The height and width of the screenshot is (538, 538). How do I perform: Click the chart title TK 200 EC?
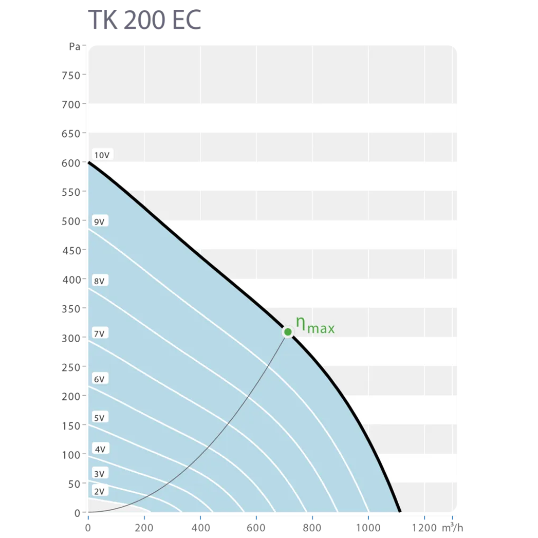click(x=144, y=20)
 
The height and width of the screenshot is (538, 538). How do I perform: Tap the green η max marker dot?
click(x=288, y=332)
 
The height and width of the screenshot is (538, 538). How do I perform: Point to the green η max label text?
click(x=315, y=325)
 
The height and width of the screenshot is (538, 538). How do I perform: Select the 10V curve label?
click(x=102, y=155)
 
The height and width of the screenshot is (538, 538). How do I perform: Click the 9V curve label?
click(x=99, y=222)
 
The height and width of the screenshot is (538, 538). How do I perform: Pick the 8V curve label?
click(x=99, y=281)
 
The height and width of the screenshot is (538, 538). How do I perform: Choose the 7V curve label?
click(x=99, y=334)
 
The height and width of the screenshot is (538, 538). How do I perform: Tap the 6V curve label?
click(x=99, y=379)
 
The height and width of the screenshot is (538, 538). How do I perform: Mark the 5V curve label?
click(x=99, y=418)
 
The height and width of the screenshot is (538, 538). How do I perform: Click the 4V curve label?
click(x=100, y=449)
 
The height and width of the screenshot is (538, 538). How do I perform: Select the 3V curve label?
click(x=99, y=473)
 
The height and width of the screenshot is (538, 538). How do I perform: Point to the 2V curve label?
click(x=99, y=491)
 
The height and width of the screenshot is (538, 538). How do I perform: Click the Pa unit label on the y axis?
click(x=75, y=47)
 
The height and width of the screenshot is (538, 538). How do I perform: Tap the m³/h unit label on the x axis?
click(x=452, y=527)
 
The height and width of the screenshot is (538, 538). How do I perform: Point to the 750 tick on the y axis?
click(x=71, y=76)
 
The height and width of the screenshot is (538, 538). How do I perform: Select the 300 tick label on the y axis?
click(x=71, y=338)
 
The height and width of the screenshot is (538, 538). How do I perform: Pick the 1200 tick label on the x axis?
click(x=424, y=527)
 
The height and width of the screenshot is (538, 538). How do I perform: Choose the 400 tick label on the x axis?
click(x=200, y=527)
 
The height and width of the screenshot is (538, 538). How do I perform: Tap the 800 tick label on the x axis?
click(x=312, y=527)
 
